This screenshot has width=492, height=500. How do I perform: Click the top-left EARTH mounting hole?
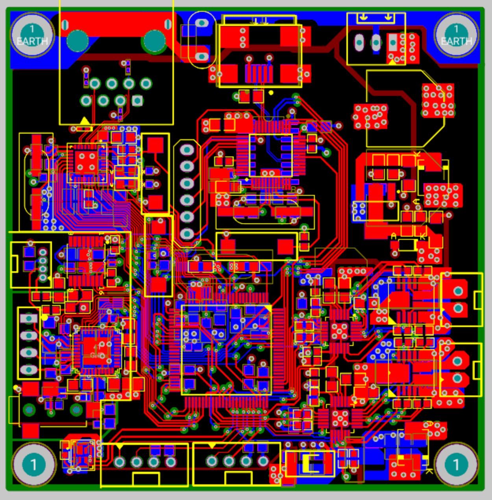click(x=32, y=35)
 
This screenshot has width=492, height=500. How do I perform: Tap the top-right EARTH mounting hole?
click(x=456, y=35)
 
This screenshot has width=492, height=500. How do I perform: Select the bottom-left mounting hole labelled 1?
click(x=33, y=465)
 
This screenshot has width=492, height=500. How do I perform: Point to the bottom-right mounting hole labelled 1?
click(x=456, y=465)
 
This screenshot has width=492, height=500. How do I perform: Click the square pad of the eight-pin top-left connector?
click(x=137, y=101)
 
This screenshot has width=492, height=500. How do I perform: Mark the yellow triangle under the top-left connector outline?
click(x=84, y=120)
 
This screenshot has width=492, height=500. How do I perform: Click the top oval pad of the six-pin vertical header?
click(x=187, y=150)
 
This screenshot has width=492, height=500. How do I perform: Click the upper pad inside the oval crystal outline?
click(x=202, y=23)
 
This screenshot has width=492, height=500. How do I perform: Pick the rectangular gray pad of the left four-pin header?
click(x=29, y=318)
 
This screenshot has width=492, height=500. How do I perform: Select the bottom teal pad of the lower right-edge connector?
click(x=457, y=378)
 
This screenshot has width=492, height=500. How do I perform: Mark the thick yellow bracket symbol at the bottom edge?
click(x=309, y=463)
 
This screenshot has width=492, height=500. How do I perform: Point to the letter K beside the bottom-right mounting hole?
click(x=429, y=471)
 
